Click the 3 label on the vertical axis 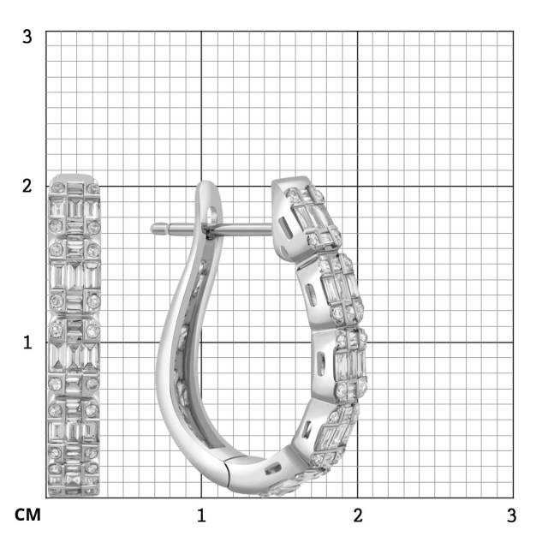[27, 37]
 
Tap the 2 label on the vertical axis [27, 186]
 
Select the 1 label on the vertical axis [27, 342]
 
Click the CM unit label [27, 515]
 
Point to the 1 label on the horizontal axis [201, 515]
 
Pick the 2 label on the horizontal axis [358, 515]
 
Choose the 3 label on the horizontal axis [512, 515]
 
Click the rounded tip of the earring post [153, 229]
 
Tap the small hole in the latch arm [212, 215]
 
